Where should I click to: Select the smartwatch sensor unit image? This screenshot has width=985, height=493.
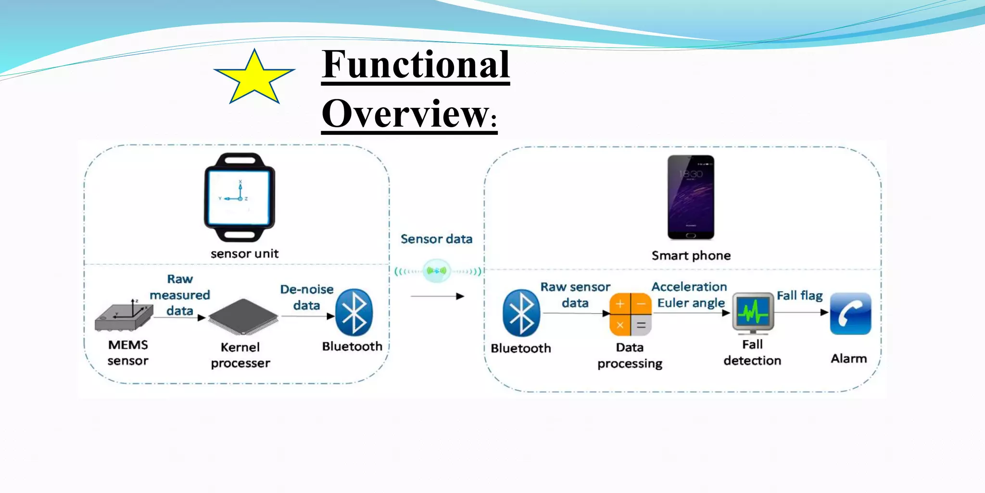pyautogui.click(x=240, y=197)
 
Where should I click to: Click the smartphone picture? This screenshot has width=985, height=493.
pyautogui.click(x=691, y=197)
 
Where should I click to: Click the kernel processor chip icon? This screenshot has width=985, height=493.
pyautogui.click(x=243, y=317)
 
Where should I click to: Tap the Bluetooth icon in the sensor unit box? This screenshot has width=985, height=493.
pyautogui.click(x=354, y=312)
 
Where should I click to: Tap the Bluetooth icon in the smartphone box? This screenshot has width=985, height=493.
pyautogui.click(x=521, y=313)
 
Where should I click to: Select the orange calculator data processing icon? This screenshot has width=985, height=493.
pyautogui.click(x=630, y=314)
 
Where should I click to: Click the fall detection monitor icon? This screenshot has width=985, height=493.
pyautogui.click(x=753, y=313)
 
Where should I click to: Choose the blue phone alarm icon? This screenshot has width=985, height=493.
pyautogui.click(x=850, y=313)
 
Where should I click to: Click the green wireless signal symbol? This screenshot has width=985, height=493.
pyautogui.click(x=437, y=271)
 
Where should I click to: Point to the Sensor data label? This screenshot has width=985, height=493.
pyautogui.click(x=436, y=239)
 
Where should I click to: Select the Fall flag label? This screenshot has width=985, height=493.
pyautogui.click(x=799, y=295)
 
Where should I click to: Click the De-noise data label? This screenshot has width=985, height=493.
pyautogui.click(x=307, y=297)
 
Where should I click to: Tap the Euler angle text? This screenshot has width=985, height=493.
pyautogui.click(x=691, y=303)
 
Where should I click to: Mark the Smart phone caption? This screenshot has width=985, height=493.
pyautogui.click(x=691, y=256)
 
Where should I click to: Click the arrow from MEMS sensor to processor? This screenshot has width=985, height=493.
pyautogui.click(x=179, y=317)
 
